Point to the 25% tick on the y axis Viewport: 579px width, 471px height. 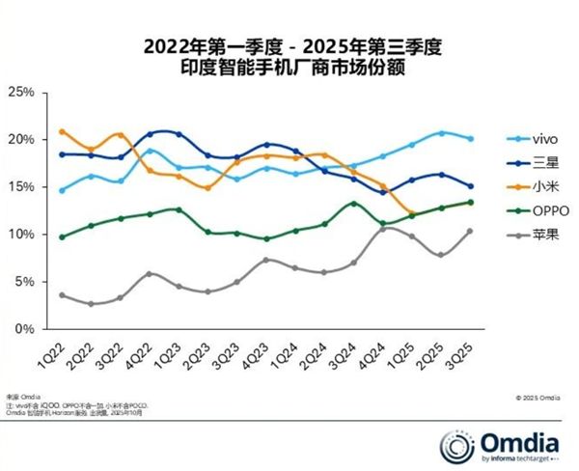pyautogui.click(x=21, y=92)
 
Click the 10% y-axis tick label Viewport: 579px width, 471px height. pyautogui.click(x=21, y=235)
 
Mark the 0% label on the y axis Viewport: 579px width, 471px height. pyautogui.click(x=24, y=329)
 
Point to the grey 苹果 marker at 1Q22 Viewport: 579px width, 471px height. pyautogui.click(x=63, y=295)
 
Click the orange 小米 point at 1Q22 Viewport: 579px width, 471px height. pyautogui.click(x=63, y=131)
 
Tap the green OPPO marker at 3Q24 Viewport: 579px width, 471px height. pyautogui.click(x=355, y=204)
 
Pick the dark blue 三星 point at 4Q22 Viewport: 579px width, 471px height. pyautogui.click(x=151, y=133)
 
